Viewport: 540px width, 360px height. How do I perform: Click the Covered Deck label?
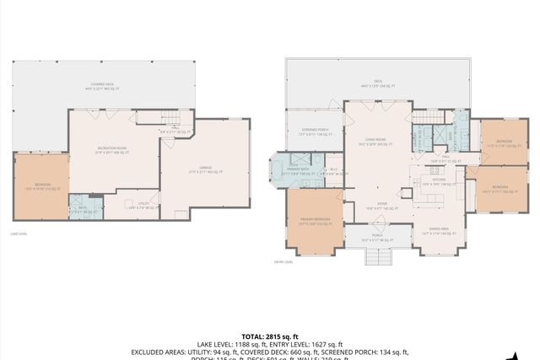[104, 86]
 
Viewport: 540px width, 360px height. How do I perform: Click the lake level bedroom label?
[42, 186]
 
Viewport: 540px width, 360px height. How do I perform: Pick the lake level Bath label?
[83, 211]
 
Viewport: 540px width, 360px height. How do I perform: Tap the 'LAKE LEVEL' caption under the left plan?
[18, 234]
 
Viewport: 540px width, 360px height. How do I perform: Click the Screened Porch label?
[314, 132]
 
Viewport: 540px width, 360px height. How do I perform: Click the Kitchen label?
[439, 181]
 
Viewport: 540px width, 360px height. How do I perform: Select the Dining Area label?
[438, 229]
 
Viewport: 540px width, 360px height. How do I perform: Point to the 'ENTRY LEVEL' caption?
[283, 262]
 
